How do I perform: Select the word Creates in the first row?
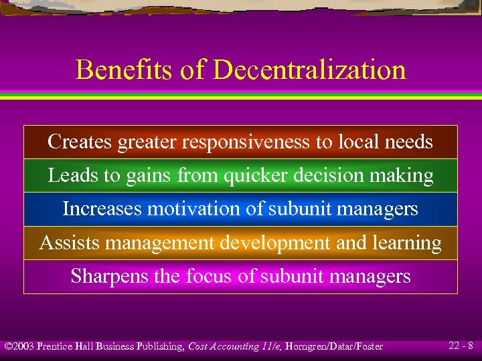pos(80,142)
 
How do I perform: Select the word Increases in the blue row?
pos(102,209)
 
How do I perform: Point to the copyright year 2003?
pos(23,346)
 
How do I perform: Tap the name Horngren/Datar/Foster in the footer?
pos(333,346)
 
